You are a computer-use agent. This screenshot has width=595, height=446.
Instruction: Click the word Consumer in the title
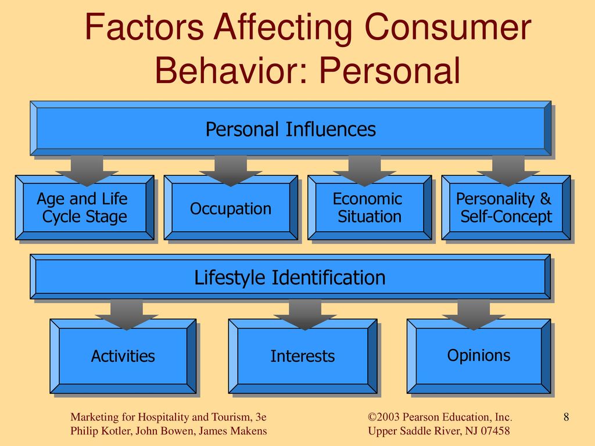[448, 27]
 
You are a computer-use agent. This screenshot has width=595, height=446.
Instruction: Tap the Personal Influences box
[291, 128]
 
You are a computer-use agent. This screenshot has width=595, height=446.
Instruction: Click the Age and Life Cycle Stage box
[85, 207]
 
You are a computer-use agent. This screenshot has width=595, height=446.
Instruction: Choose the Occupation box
[231, 207]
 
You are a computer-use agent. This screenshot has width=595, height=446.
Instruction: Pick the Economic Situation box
[370, 207]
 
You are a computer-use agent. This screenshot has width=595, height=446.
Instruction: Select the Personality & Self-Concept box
[506, 207]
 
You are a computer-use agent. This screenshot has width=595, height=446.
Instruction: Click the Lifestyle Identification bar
[291, 276]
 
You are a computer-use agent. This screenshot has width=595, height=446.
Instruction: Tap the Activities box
[123, 356]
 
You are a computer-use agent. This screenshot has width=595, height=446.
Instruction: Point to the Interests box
[303, 356]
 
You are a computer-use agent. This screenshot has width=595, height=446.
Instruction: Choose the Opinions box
[479, 356]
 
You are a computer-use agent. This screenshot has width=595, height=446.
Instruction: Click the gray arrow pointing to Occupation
[231, 171]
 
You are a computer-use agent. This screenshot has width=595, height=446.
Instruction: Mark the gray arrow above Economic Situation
[365, 171]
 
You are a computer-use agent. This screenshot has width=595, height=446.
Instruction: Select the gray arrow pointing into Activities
[127, 315]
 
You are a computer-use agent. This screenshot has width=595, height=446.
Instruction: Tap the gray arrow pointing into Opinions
[474, 315]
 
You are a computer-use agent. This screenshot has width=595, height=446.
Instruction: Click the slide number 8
[566, 417]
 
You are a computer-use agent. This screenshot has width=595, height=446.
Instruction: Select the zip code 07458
[496, 431]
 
